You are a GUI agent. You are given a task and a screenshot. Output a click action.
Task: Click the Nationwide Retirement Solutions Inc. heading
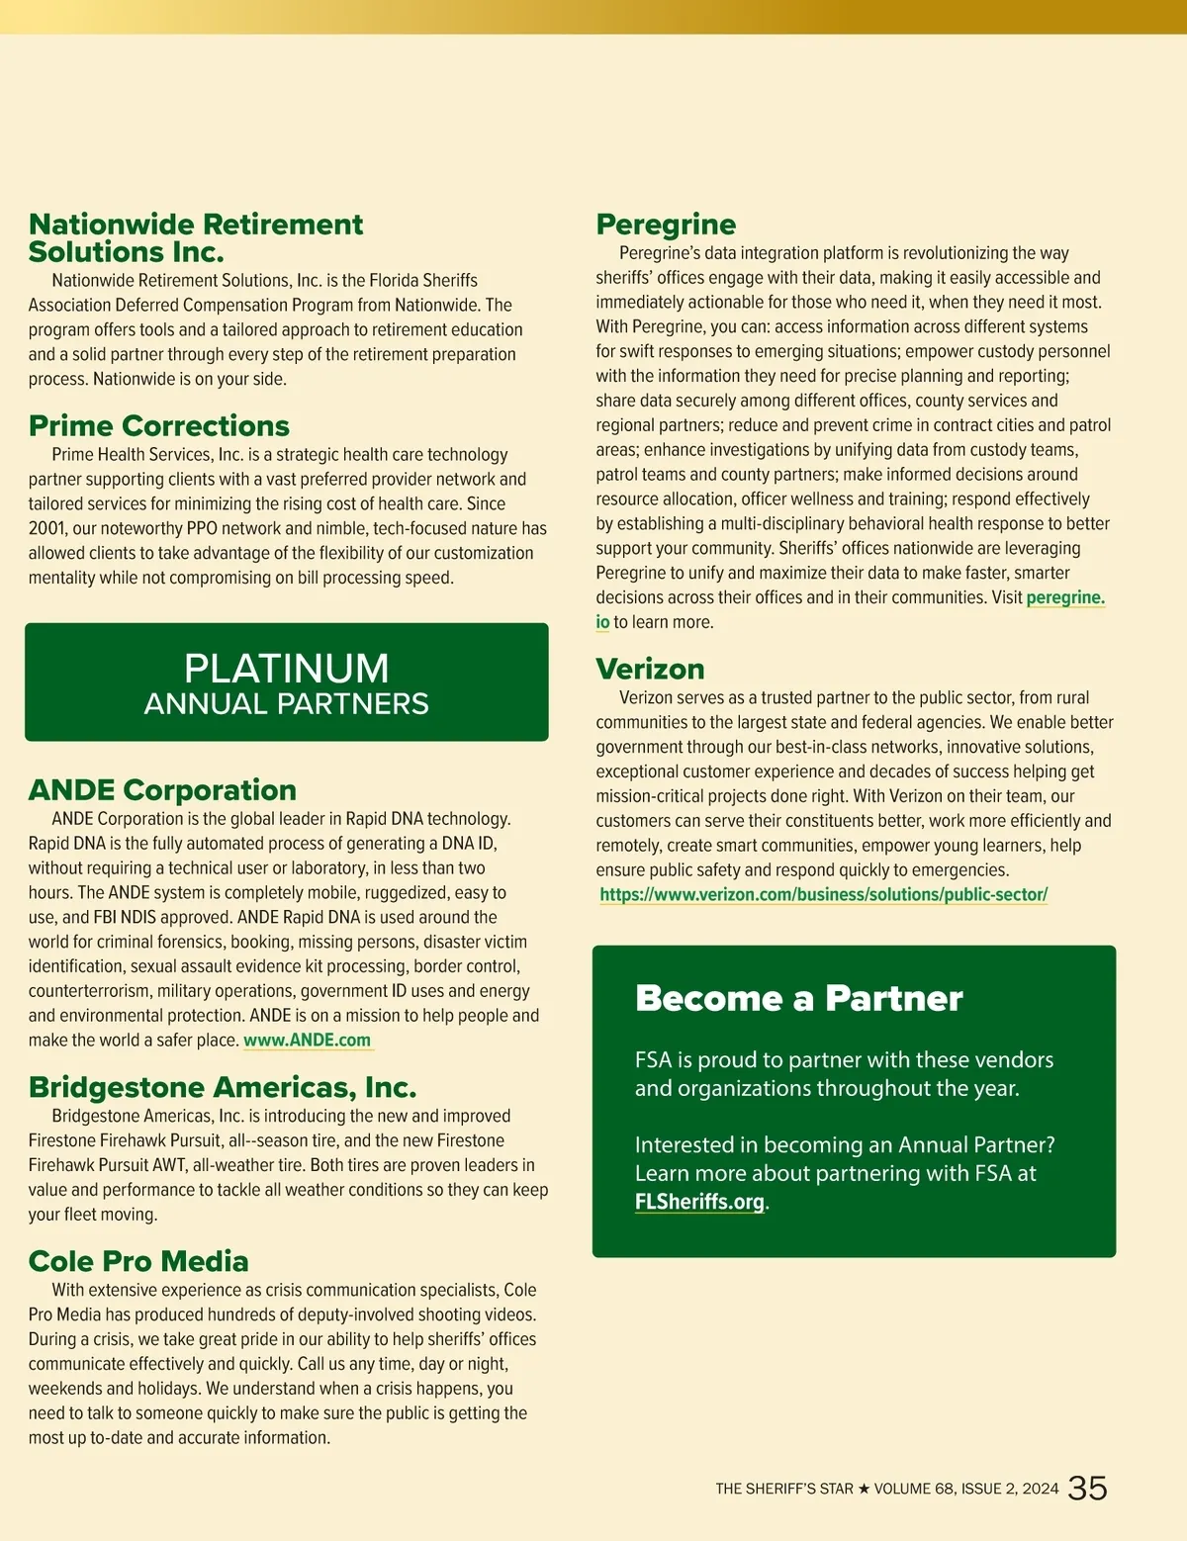click(196, 237)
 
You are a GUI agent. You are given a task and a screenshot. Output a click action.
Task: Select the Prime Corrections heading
click(159, 426)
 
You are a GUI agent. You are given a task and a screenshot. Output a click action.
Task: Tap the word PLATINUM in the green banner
click(287, 669)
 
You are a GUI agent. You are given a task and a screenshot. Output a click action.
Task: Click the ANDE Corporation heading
click(162, 790)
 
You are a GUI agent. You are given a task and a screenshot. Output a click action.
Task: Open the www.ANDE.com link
click(308, 1041)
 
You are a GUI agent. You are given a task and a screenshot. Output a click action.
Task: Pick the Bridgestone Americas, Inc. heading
click(223, 1087)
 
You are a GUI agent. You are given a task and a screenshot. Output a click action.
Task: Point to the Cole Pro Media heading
click(138, 1261)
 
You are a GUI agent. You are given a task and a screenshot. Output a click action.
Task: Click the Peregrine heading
click(666, 225)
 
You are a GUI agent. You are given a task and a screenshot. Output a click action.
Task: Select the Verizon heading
click(650, 670)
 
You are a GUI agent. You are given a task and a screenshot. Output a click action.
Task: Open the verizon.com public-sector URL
click(823, 895)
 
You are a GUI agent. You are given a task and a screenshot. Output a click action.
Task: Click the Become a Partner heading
click(798, 999)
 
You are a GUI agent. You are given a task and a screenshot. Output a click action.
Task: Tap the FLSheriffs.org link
click(699, 1202)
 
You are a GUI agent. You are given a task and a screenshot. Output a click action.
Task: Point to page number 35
click(1087, 1489)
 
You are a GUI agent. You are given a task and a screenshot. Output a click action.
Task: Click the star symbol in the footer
click(864, 1490)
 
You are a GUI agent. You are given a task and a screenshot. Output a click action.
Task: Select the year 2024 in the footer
click(1041, 1490)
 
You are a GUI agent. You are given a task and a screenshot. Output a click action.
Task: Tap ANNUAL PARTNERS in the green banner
click(287, 704)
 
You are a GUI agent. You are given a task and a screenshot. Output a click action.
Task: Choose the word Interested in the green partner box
click(684, 1145)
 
